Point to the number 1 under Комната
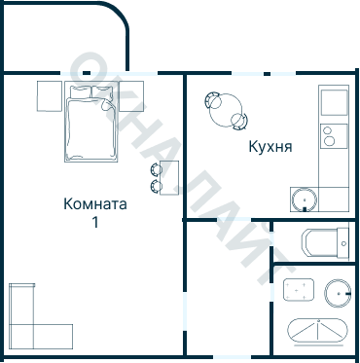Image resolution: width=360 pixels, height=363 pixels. tap(95, 222)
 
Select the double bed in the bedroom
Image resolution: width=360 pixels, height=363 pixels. tap(91, 127)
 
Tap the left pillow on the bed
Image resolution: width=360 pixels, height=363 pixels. tap(79, 92)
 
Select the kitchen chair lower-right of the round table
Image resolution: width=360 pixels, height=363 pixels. tap(239, 120)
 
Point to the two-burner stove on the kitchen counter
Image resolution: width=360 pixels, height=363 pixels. tap(334, 135)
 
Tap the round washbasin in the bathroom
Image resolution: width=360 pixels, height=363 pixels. tap(337, 291)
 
